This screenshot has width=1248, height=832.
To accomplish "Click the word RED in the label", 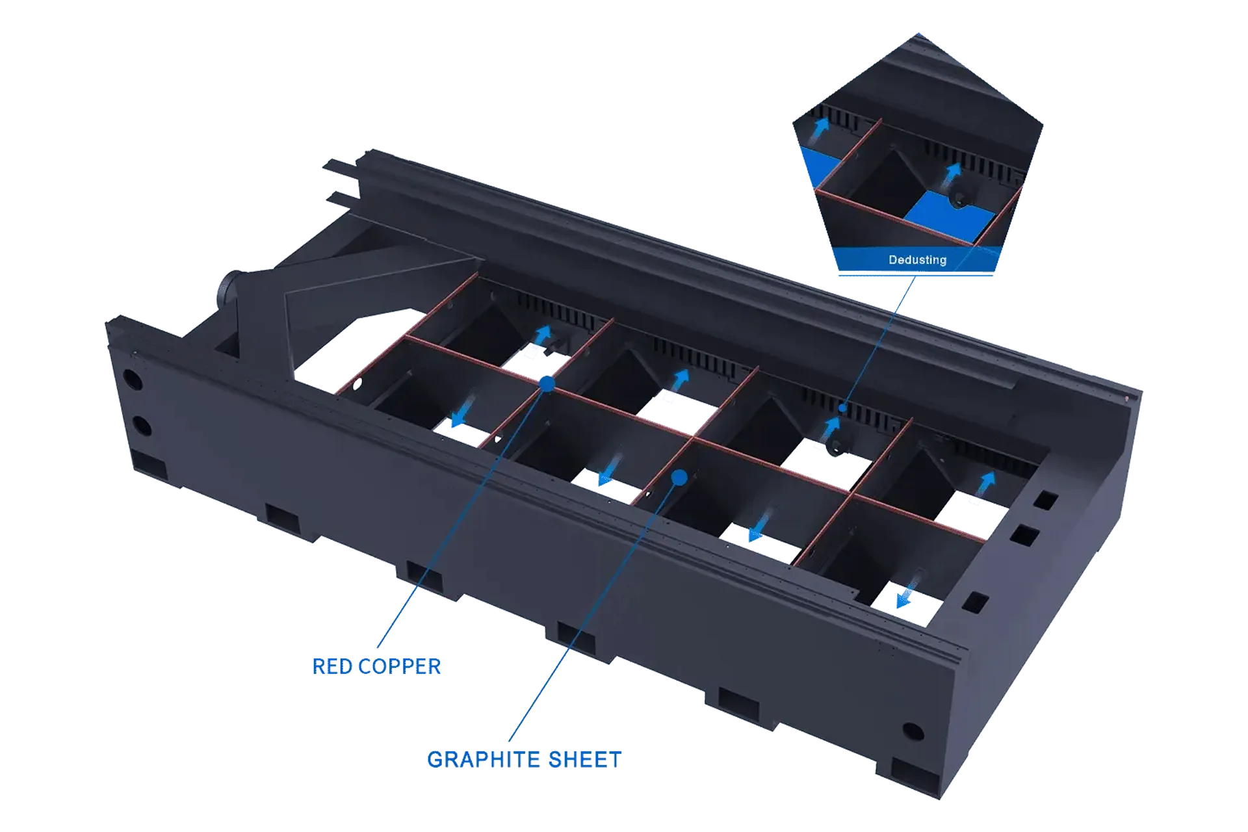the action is (332, 666).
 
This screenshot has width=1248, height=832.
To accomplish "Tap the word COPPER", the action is (399, 666).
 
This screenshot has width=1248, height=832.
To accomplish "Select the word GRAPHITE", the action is (484, 759).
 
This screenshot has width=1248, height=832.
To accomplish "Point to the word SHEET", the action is (585, 759).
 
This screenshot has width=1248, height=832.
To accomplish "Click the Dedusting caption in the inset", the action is (917, 260).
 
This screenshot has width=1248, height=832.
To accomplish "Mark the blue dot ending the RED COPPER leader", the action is (547, 384).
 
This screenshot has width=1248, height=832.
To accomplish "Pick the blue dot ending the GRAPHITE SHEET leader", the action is (679, 478).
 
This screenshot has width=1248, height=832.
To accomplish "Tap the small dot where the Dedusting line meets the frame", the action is (842, 408).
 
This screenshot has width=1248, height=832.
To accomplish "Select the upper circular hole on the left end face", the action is (131, 379).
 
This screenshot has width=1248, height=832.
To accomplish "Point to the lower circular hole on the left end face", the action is (142, 426).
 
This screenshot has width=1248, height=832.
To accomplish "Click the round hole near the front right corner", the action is (913, 732).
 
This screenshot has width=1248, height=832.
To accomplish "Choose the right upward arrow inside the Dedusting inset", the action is (952, 172).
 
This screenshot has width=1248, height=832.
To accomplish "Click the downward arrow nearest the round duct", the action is (463, 411).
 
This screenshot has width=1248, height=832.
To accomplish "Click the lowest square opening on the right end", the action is (975, 602).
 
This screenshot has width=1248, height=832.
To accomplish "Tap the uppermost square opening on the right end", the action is (1045, 500).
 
